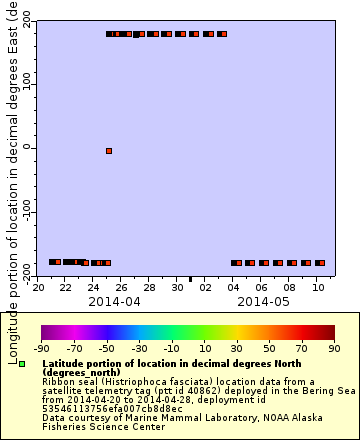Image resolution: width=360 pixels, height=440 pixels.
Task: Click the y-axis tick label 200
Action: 19,20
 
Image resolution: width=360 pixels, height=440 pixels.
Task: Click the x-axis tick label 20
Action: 38,288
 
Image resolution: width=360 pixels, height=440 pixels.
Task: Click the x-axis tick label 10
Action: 319,288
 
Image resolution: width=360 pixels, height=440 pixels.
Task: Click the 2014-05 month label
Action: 263,301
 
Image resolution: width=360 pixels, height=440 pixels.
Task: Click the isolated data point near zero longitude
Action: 109,151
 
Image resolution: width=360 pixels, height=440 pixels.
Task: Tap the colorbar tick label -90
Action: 41,349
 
